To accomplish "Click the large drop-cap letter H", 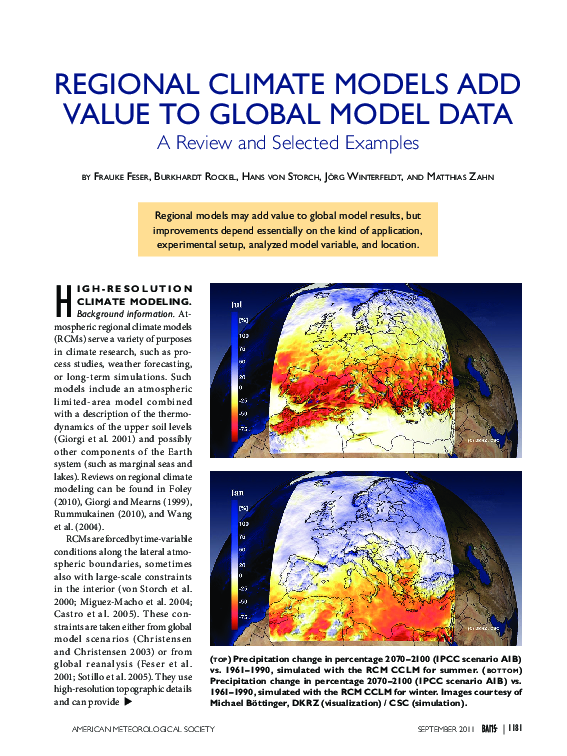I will point(62,299).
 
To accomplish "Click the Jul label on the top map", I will point(236,303).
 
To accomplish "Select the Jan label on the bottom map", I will point(236,493).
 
